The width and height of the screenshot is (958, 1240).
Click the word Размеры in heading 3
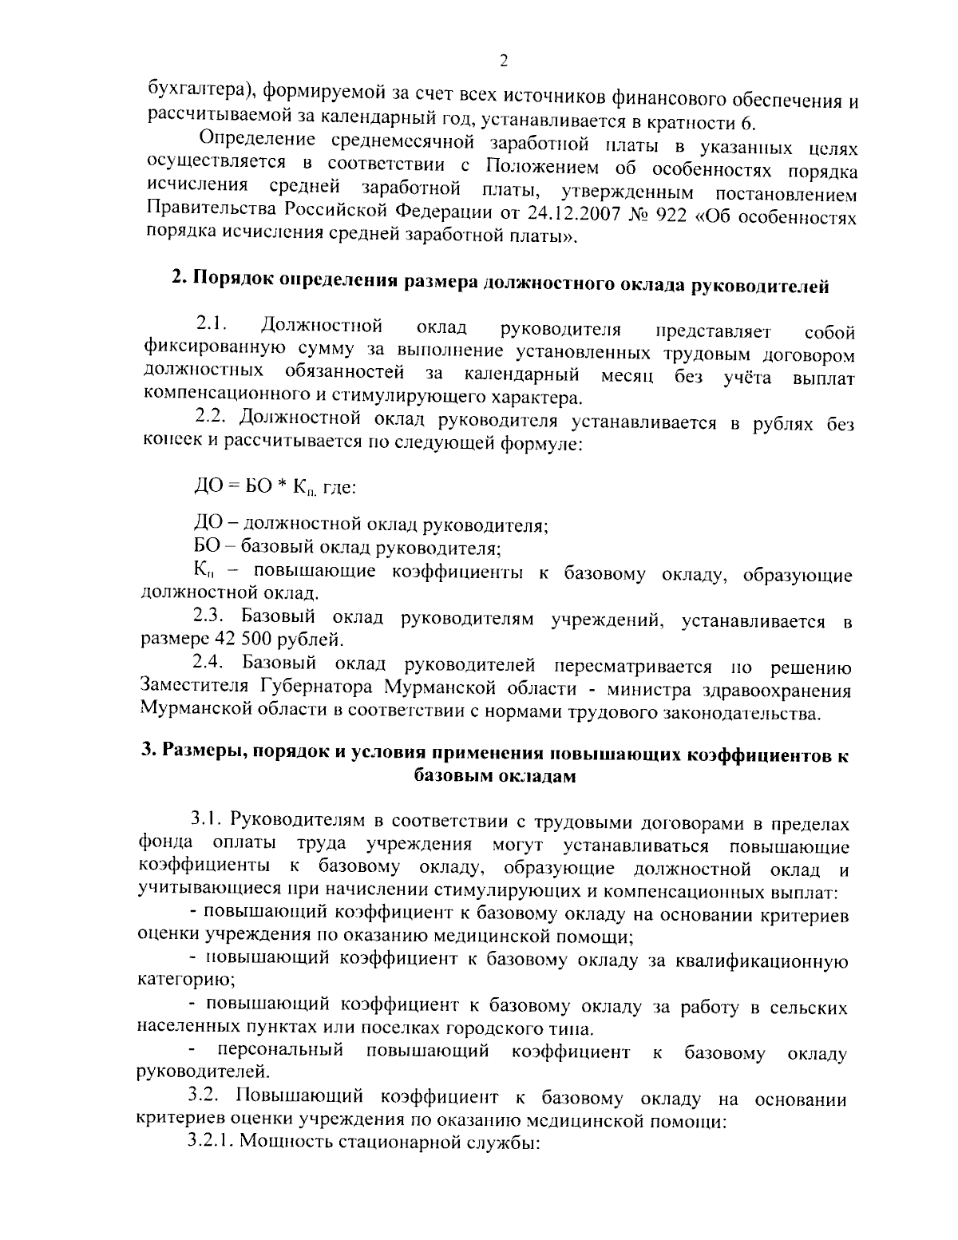(200, 754)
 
